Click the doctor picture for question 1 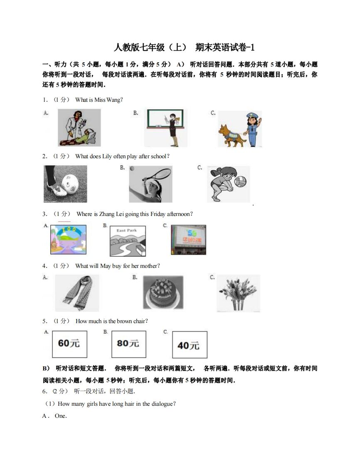point(79,128)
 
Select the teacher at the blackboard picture point(165,128)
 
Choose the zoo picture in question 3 point(68,240)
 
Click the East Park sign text point(126,231)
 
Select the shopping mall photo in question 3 point(188,240)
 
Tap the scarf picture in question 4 point(77,293)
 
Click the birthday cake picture point(163,293)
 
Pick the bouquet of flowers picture point(238,293)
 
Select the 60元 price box point(69,344)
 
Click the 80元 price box point(128,344)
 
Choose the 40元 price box point(189,345)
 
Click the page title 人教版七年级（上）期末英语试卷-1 point(183,47)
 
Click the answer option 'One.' point(61,416)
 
